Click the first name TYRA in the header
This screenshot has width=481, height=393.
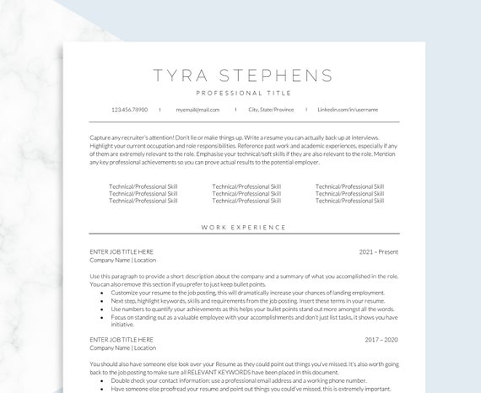click(x=179, y=76)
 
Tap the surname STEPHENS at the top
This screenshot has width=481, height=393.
click(x=273, y=76)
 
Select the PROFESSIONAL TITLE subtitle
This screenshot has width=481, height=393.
click(x=243, y=93)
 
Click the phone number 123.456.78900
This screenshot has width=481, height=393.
click(x=129, y=110)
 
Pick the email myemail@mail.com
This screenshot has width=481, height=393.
click(x=197, y=110)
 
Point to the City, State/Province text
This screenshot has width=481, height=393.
click(x=271, y=110)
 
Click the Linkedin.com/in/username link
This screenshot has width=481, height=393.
click(x=347, y=110)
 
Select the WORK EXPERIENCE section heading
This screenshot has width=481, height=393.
click(x=243, y=228)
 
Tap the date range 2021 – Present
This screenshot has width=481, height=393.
click(x=378, y=251)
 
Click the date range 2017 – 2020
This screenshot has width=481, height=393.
click(x=381, y=339)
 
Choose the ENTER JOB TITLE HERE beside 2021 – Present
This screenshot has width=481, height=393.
click(x=122, y=251)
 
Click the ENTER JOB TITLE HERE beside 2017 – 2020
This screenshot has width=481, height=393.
click(x=122, y=339)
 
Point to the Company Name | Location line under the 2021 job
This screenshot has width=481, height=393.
click(x=122, y=261)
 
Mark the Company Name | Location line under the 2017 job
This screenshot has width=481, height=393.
click(x=122, y=348)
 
